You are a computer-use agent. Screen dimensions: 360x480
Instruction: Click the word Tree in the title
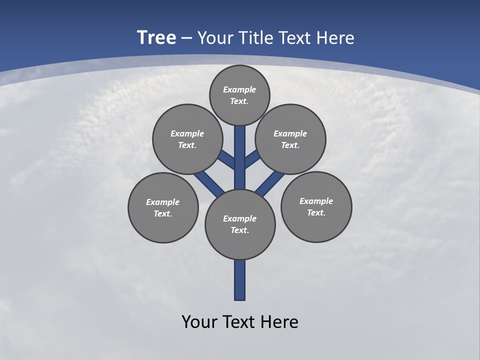click(156, 38)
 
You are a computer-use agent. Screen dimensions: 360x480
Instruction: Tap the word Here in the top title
click(335, 38)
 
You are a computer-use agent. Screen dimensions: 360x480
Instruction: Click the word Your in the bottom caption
click(200, 321)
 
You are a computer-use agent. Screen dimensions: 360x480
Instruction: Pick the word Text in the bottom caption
click(241, 321)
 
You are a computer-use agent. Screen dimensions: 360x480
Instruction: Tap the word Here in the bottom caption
click(280, 321)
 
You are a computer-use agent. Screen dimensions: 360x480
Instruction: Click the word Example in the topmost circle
click(239, 89)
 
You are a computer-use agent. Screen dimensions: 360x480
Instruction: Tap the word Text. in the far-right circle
click(316, 212)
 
